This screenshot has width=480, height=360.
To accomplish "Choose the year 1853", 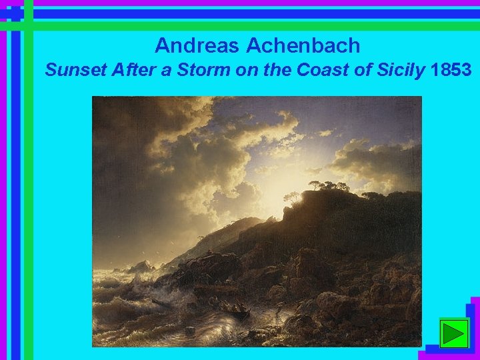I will pos(451,69).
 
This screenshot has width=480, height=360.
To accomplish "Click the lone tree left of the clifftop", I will pos(292,197).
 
